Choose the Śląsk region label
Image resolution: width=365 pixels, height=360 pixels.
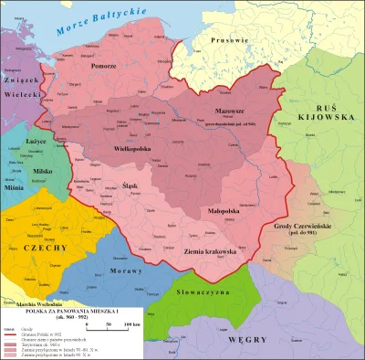click(x=130, y=185)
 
